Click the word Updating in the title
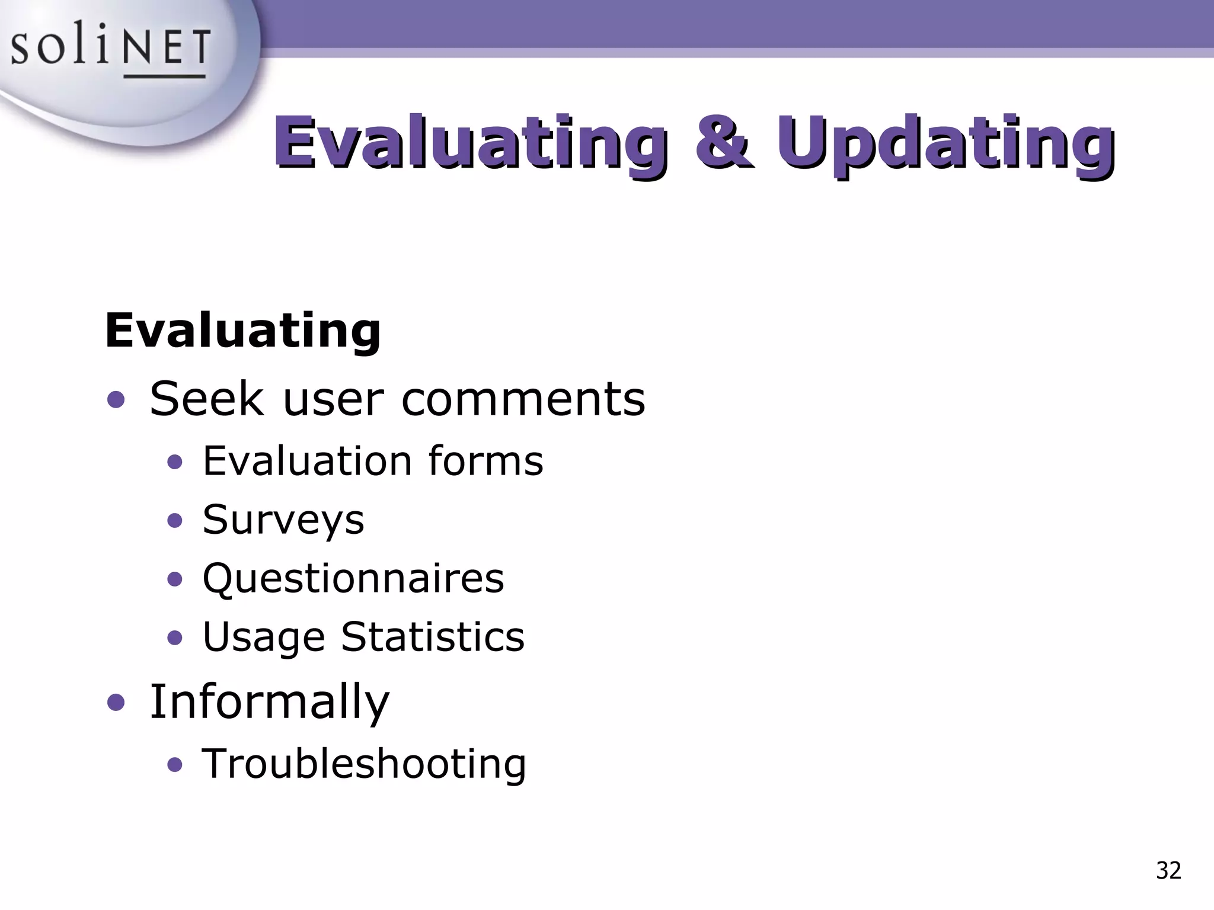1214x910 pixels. pos(945,143)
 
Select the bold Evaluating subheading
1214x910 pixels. pos(243,330)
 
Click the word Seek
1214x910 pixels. pos(206,399)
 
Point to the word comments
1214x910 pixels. pos(523,399)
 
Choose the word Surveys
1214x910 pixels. pos(283,520)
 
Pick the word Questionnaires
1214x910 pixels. pos(353,578)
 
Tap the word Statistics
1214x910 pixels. pos(433,637)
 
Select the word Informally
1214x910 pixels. pos(270,702)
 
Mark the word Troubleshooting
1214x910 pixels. pos(364,764)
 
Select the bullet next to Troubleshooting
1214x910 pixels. pos(174,765)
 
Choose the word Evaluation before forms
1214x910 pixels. pos(307,461)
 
